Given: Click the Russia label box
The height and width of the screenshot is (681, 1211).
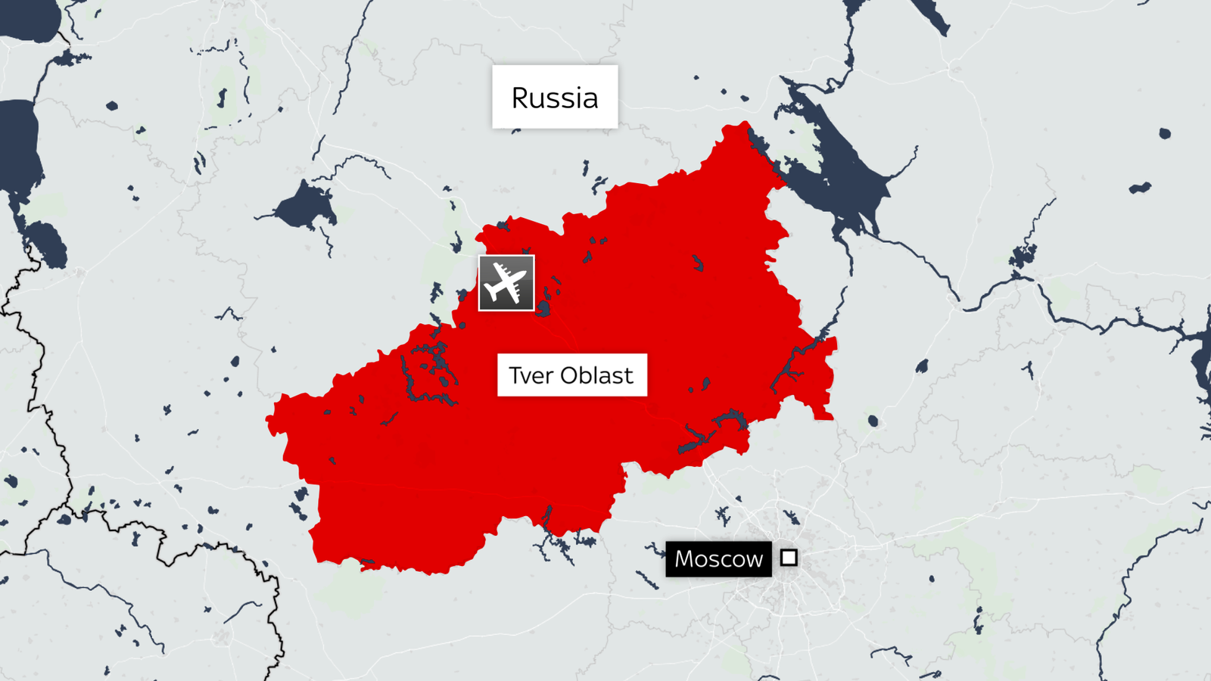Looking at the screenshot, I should [555, 97].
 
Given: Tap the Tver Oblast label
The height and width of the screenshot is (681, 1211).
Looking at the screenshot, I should [571, 375].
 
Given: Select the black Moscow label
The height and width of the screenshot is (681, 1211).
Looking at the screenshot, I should [718, 559].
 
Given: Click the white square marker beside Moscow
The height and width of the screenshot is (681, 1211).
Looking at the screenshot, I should [789, 558].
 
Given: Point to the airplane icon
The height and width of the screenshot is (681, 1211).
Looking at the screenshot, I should [506, 283].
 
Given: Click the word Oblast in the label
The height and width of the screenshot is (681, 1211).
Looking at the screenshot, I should [596, 375].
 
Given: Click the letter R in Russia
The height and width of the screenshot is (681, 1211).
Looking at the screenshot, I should [520, 98].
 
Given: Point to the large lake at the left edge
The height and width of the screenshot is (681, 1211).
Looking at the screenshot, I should [19, 144].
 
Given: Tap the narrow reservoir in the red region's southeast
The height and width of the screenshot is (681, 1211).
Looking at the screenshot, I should [711, 431].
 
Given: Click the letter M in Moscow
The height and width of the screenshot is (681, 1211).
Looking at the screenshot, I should [685, 559].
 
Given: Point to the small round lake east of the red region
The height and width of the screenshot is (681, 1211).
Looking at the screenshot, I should [873, 420].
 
